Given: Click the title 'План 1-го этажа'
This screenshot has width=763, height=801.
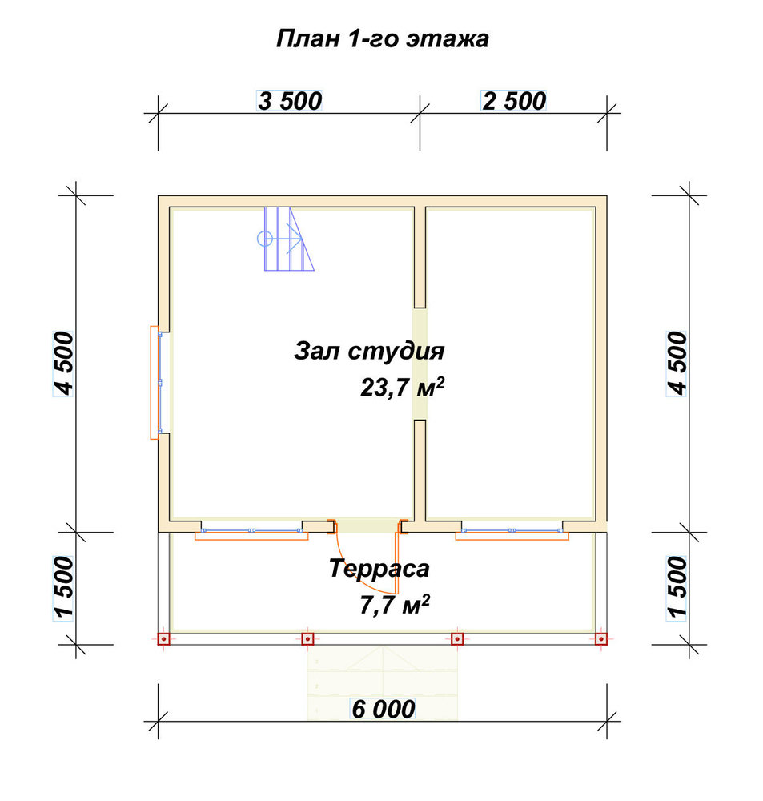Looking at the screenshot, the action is click(382, 38).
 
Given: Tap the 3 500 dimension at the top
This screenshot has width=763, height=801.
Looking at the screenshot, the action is click(290, 101).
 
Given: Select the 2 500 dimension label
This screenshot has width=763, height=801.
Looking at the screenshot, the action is click(514, 101).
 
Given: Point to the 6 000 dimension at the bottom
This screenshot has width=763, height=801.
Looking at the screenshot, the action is click(383, 709).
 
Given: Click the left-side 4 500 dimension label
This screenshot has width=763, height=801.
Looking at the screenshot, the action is click(64, 363).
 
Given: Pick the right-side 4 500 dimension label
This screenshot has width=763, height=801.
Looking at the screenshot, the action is click(677, 363).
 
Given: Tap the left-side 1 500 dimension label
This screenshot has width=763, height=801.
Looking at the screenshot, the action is click(64, 588).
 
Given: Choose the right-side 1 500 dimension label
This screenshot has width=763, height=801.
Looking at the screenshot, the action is click(677, 588).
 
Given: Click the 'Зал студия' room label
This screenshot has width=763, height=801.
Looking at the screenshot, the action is click(369, 352).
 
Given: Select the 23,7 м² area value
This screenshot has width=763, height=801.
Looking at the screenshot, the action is click(402, 387).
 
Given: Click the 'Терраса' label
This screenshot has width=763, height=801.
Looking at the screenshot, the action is click(379, 569).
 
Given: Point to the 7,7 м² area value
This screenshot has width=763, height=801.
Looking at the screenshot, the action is click(394, 604).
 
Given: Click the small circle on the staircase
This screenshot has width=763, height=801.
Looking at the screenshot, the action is click(264, 239).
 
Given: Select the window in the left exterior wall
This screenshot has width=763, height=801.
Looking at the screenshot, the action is click(156, 383).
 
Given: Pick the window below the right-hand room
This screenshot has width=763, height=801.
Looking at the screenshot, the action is click(512, 533).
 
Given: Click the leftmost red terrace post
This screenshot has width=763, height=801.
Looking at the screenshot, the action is click(163, 638).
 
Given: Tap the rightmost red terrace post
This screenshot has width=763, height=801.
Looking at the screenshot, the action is click(601, 638).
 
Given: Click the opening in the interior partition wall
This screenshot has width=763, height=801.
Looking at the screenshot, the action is click(420, 364).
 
